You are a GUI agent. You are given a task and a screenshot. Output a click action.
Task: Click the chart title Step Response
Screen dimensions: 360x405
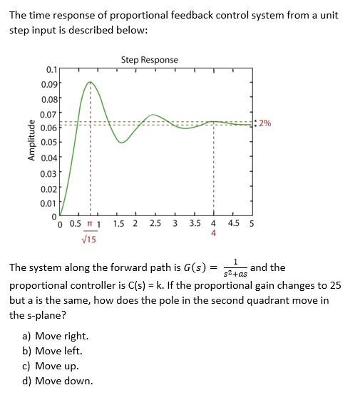point(149,60)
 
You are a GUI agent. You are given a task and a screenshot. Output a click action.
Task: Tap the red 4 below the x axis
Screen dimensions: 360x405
point(213,233)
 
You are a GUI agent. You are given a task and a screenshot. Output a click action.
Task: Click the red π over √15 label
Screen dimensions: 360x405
point(89,232)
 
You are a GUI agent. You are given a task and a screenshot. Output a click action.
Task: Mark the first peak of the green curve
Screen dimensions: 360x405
point(90,82)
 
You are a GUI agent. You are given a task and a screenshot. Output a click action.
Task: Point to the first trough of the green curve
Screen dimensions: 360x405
point(122,143)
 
